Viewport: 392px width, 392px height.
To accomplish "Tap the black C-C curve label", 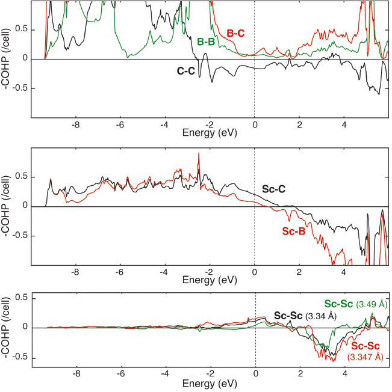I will [x=186, y=70].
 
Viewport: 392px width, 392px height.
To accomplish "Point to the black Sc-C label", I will [x=273, y=189].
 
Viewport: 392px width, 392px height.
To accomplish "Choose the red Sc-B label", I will [x=293, y=230].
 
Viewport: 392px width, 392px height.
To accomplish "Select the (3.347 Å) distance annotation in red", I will [x=366, y=357].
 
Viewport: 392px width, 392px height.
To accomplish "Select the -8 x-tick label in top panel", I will [x=75, y=126].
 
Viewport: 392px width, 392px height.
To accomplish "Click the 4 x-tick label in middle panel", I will [x=344, y=272].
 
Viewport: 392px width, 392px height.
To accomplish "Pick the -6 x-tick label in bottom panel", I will [x=120, y=373].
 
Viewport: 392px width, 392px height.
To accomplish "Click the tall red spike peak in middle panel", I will [x=199, y=154].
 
